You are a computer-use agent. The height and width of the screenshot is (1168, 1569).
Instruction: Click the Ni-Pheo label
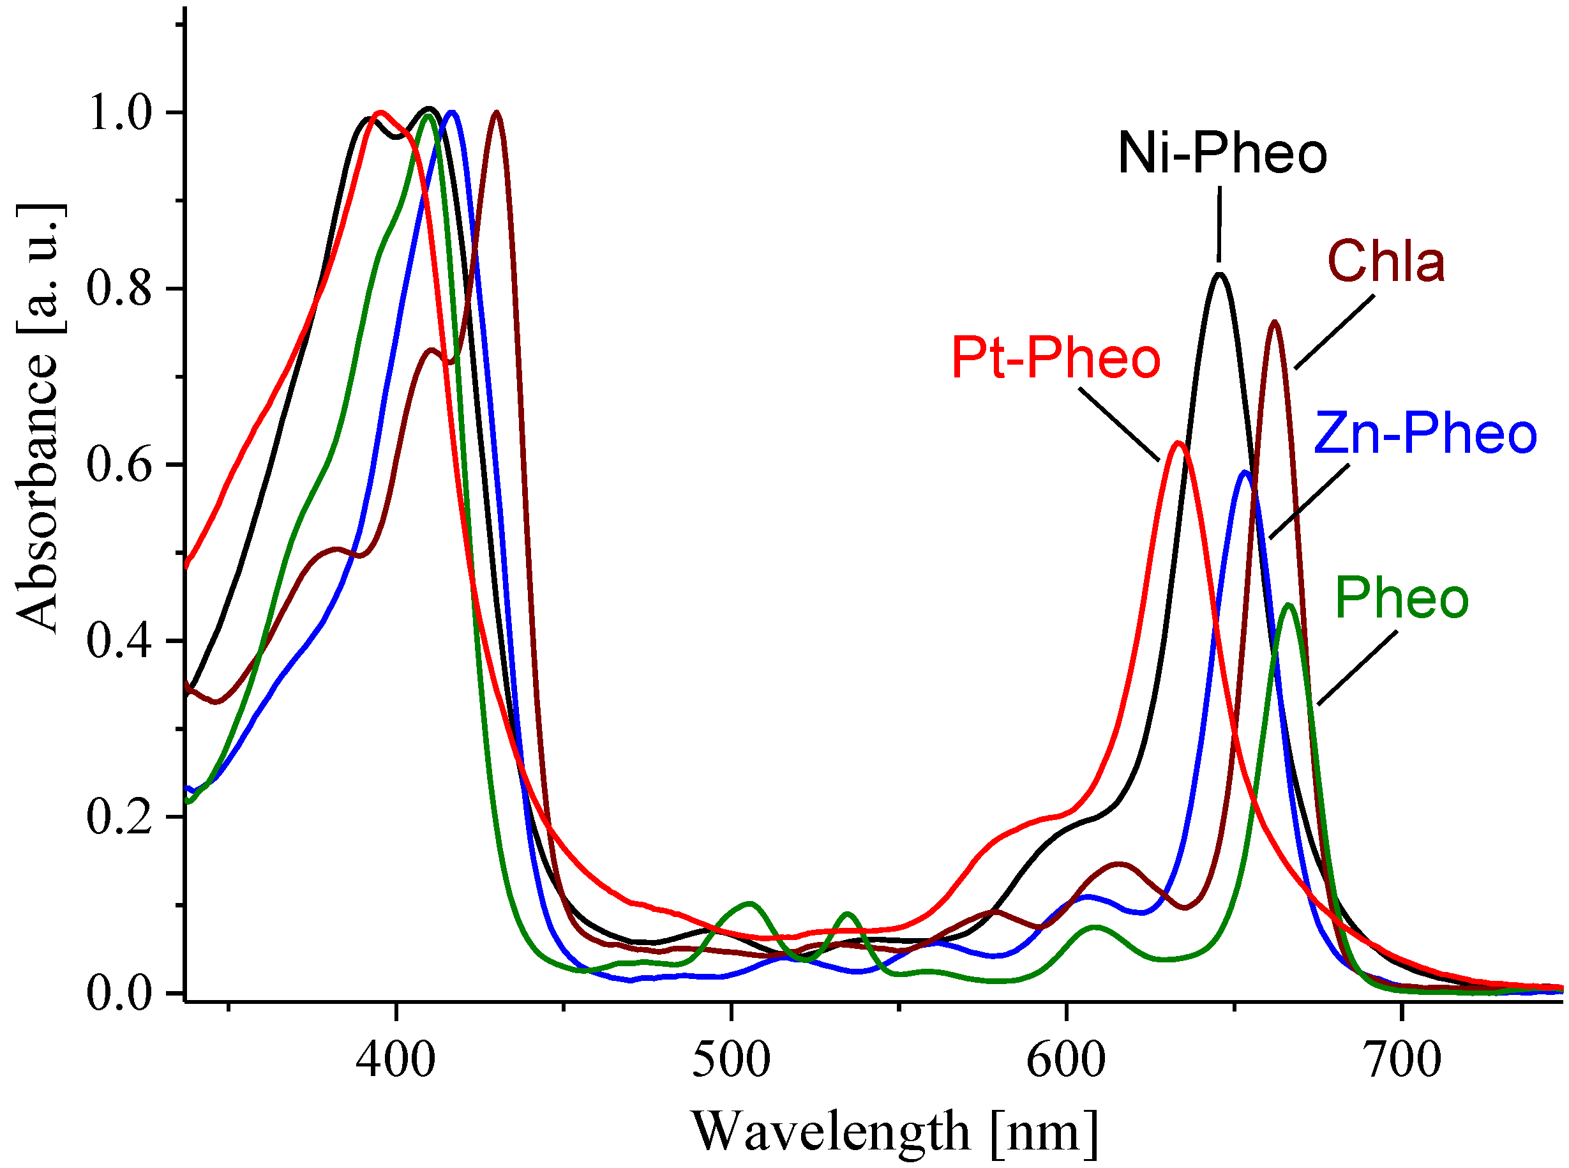1222,154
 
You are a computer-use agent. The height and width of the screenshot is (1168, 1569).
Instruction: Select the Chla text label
1386,262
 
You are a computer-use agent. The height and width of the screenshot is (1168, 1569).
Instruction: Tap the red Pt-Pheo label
1056,358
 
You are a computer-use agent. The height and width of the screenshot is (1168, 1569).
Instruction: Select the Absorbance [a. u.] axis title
39,417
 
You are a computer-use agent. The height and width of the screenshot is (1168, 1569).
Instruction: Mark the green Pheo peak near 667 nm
1289,605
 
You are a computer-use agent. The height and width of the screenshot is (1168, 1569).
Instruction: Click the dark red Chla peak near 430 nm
497,112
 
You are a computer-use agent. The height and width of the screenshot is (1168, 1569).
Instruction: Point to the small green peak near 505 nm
750,904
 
